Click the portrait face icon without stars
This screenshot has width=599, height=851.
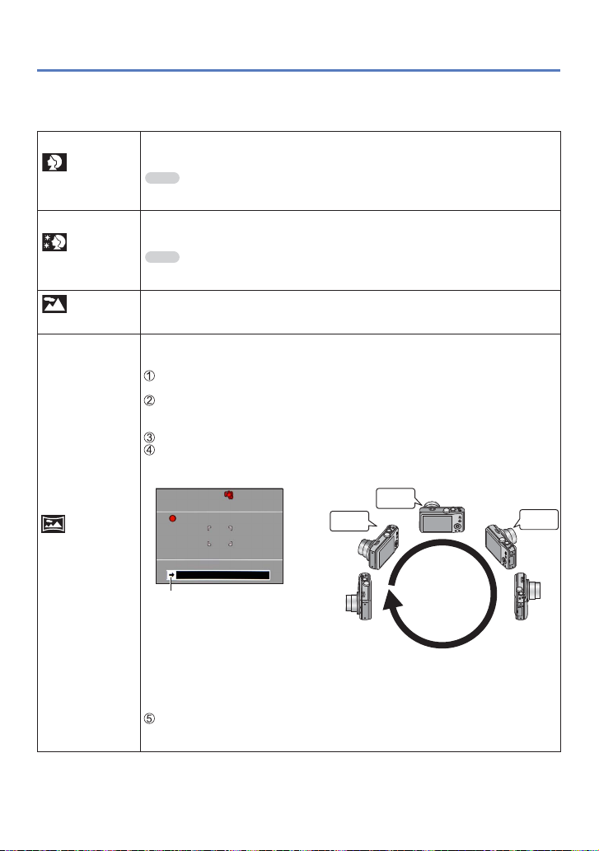(55, 163)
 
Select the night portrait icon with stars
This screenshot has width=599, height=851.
(55, 242)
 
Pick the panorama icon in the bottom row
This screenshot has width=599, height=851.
(55, 521)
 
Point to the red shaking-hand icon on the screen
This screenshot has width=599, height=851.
(229, 496)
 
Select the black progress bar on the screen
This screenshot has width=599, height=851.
(224, 575)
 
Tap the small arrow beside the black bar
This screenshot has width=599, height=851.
(171, 575)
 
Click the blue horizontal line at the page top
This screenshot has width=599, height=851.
(299, 71)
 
